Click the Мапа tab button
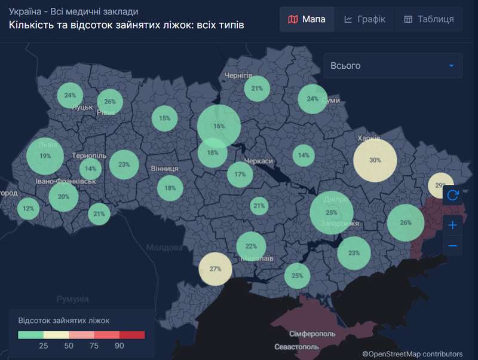(307, 19)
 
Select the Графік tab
(365, 19)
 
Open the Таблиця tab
(428, 19)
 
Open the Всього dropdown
(393, 66)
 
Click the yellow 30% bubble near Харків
(375, 160)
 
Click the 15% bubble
(164, 118)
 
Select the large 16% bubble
(219, 126)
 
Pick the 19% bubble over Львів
(45, 156)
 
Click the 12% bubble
(28, 209)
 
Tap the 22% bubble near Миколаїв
(251, 246)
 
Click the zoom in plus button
(452, 225)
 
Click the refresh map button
(452, 195)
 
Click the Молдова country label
(165, 247)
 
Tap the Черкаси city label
(258, 161)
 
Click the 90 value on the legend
(119, 346)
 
